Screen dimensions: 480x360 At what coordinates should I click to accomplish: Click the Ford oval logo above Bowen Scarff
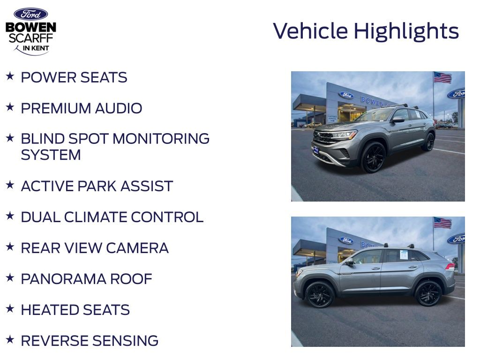point(30,14)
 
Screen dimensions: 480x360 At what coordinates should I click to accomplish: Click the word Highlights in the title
point(406,31)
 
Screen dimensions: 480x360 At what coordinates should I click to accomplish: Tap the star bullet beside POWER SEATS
point(10,76)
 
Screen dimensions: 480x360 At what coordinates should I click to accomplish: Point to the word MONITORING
point(161,139)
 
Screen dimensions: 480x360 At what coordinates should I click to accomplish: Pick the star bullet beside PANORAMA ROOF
point(10,277)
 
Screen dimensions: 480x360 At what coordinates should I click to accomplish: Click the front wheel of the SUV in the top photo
point(374,157)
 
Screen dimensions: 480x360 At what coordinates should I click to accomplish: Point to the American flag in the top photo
point(442,78)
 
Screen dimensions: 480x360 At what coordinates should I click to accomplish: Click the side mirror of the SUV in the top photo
point(397,120)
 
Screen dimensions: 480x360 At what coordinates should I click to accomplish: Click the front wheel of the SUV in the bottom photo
point(320,294)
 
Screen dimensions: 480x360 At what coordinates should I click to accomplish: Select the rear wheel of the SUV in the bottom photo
point(429,293)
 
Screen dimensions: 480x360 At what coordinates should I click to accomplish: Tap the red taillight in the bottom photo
point(450,266)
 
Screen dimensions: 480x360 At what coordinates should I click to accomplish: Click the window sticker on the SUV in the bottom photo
point(404,255)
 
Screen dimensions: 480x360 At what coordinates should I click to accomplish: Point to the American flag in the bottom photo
point(442,223)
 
